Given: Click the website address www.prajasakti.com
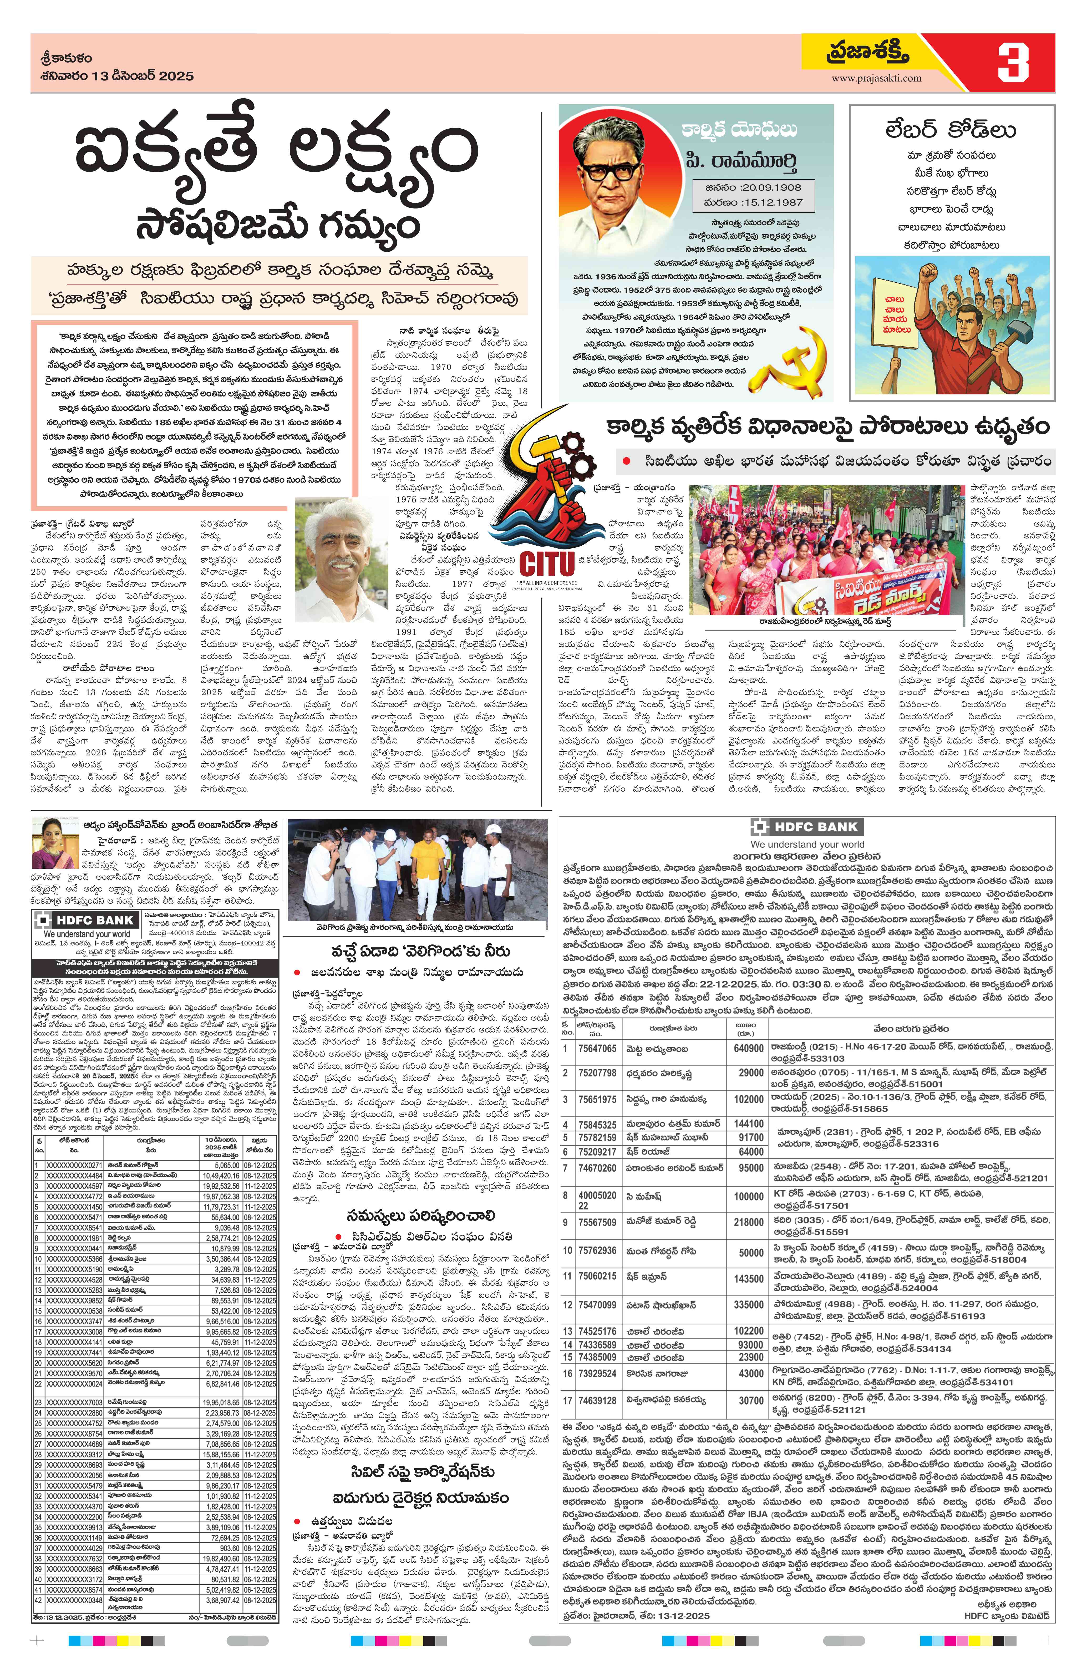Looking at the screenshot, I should coord(876,78).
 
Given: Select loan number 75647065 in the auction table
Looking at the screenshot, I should coord(597,1049).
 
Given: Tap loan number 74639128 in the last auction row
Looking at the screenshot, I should coord(597,1401).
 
